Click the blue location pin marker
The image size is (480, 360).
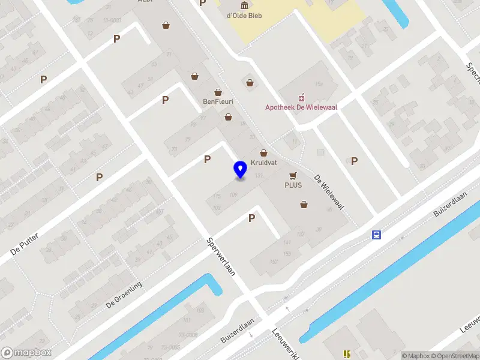[241, 170]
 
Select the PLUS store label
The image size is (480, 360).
[293, 185]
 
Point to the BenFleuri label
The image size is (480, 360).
[218, 101]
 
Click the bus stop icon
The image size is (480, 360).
[376, 235]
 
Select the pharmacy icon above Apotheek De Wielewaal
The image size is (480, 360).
[302, 97]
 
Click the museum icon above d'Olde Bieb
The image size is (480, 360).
[245, 5]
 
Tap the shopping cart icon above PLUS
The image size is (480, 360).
[293, 175]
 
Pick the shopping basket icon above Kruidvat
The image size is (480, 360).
[263, 154]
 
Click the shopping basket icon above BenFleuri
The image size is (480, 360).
[218, 92]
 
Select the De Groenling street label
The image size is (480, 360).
[124, 295]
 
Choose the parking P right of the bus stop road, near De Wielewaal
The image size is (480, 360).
[354, 161]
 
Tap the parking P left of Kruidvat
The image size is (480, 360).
[207, 159]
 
